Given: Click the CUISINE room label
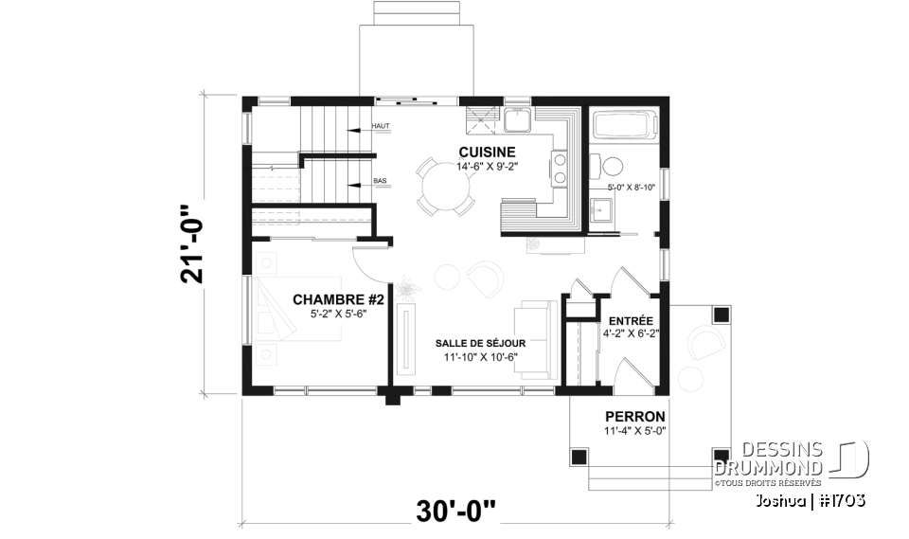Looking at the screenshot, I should tap(487, 152).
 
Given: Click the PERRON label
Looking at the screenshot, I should tap(634, 417).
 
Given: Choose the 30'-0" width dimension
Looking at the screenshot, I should tap(454, 512).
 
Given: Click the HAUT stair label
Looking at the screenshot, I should tap(382, 126).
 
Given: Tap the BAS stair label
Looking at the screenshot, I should tap(380, 180).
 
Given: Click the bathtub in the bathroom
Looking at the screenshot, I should tap(622, 124).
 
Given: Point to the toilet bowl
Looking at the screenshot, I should tap(611, 168).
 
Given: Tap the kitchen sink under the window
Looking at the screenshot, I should tap(517, 119).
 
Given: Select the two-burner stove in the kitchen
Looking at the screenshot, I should tap(559, 169).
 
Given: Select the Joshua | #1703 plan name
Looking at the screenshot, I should tap(811, 499).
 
